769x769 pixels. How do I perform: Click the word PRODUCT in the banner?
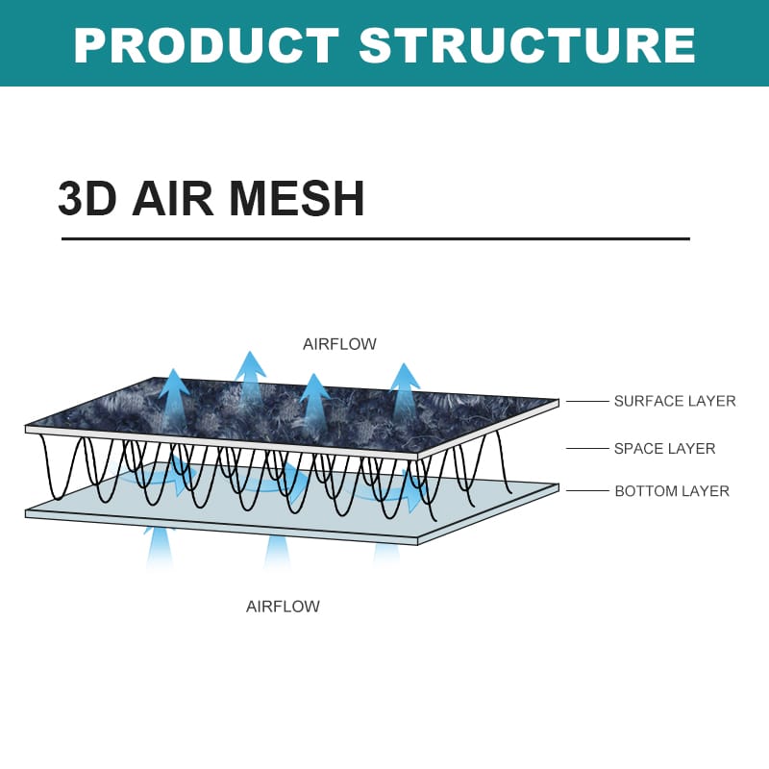(x=206, y=45)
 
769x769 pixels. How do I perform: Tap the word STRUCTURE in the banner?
(x=527, y=45)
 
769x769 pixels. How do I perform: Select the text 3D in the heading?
(x=87, y=199)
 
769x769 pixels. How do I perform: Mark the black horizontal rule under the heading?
(x=375, y=238)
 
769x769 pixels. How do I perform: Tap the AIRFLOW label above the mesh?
(x=339, y=344)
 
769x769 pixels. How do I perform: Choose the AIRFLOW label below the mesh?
(x=283, y=607)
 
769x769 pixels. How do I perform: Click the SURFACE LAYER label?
(x=675, y=401)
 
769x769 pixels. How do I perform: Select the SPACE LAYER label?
(x=664, y=448)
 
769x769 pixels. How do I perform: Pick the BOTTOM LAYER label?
(x=671, y=491)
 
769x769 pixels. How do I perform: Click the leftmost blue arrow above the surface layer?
(x=174, y=394)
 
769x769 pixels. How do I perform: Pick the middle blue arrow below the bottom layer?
(x=278, y=553)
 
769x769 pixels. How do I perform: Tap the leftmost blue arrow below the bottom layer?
(x=160, y=548)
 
